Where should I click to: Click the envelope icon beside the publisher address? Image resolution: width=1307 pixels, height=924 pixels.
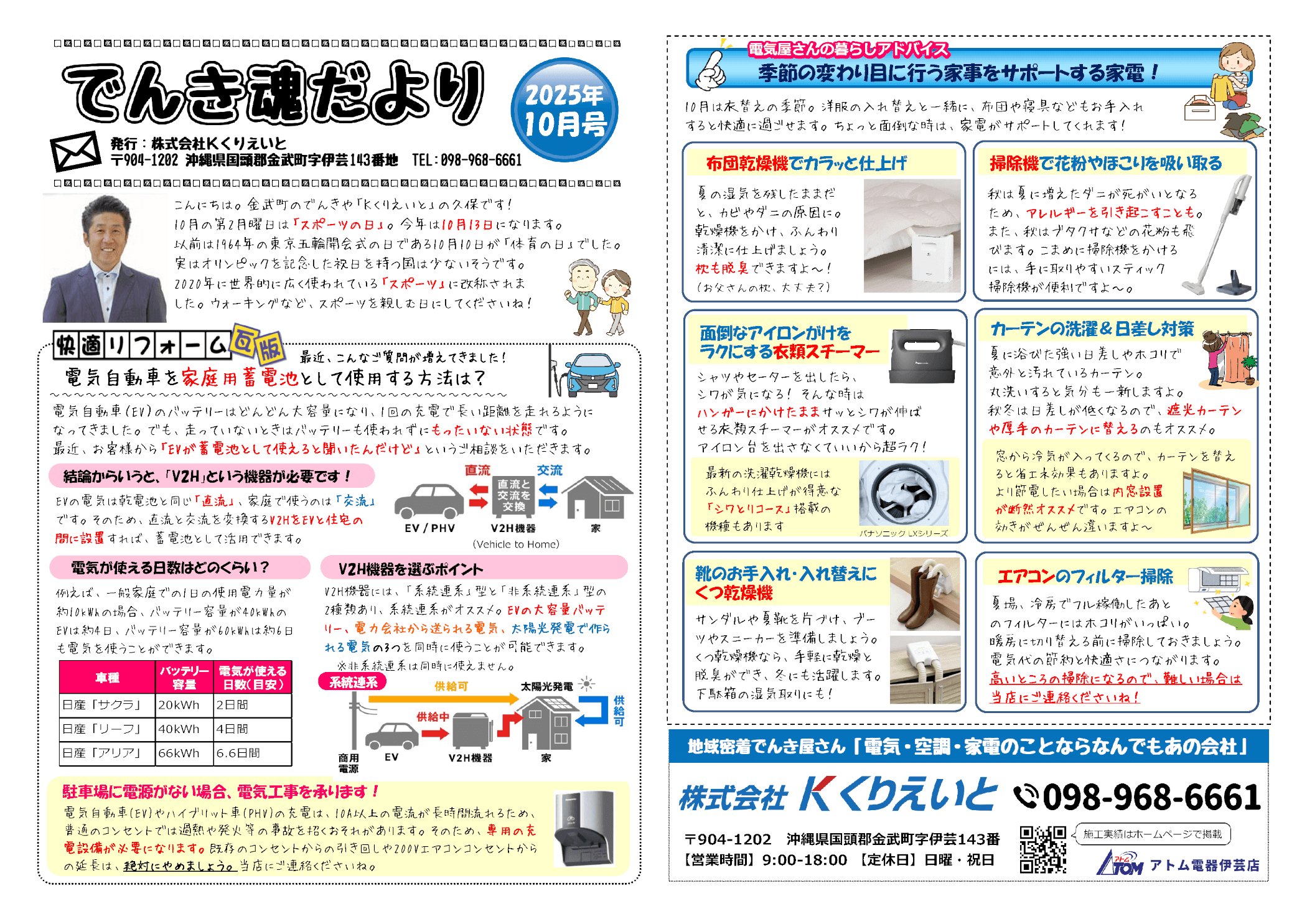[76, 151]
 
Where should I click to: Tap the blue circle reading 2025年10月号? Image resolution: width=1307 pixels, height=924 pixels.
[564, 110]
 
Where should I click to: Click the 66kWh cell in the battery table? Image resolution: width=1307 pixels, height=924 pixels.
[184, 753]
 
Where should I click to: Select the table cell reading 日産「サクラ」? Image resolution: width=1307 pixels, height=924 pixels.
[107, 705]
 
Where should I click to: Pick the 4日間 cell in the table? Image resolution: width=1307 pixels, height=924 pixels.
[253, 729]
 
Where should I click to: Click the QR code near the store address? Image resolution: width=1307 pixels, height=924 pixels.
[1042, 849]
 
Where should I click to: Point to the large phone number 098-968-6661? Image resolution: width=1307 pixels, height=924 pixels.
[1151, 797]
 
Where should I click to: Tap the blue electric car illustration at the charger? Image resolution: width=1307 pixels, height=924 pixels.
[594, 375]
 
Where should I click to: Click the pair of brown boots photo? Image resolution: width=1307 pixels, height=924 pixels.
[925, 594]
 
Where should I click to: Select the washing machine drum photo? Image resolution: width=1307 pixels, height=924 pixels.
[904, 493]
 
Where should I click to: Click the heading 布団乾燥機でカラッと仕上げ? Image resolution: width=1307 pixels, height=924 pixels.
[806, 163]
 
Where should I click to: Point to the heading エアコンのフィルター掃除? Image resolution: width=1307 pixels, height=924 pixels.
[1085, 576]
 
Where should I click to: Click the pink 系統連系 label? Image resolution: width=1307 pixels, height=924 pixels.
[353, 682]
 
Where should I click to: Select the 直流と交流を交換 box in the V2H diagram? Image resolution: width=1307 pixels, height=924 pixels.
[513, 495]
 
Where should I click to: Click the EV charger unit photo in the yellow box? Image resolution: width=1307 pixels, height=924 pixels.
[584, 828]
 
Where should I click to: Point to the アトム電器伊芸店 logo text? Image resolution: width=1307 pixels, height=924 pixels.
[1204, 865]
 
